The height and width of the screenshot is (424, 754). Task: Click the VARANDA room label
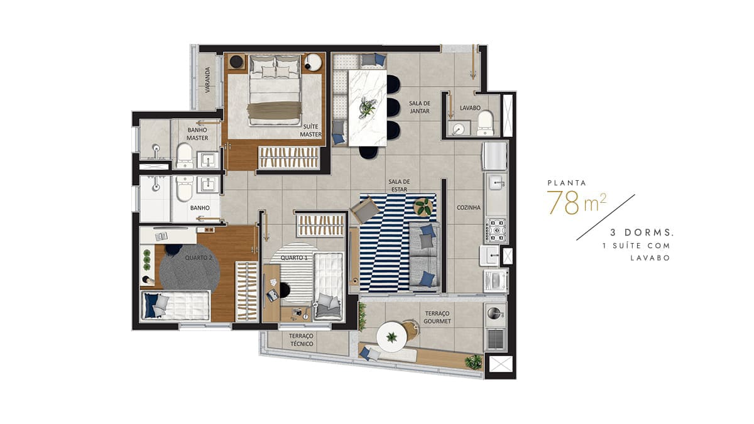click(207, 80)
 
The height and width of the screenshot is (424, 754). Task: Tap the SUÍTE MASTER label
click(310, 130)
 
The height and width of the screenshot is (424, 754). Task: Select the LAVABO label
click(470, 108)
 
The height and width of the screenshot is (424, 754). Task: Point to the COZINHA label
click(468, 208)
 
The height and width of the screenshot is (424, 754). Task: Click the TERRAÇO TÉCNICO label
click(301, 340)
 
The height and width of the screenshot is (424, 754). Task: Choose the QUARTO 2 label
click(199, 258)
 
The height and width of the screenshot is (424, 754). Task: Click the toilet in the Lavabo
click(485, 123)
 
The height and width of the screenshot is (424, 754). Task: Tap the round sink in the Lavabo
click(458, 128)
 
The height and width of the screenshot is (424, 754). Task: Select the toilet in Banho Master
click(185, 156)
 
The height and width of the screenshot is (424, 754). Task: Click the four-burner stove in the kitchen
click(496, 231)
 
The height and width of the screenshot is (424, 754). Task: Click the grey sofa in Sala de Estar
click(424, 256)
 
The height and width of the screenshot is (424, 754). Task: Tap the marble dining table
click(367, 107)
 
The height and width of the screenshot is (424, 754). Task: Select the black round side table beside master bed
click(236, 62)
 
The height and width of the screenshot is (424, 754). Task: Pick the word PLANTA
click(567, 183)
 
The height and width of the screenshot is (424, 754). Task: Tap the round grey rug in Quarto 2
click(190, 267)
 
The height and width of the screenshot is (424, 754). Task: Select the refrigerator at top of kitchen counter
click(495, 156)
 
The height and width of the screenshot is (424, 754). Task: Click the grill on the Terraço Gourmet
click(496, 339)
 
